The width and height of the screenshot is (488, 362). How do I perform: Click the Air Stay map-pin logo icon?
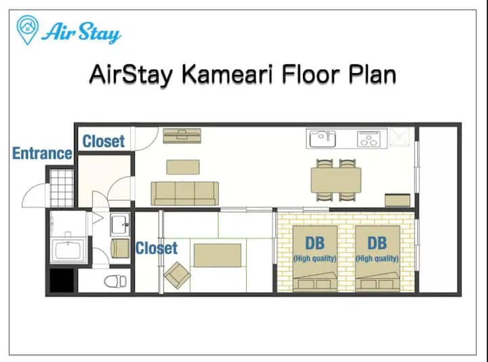(x=27, y=30)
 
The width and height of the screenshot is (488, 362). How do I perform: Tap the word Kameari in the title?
(x=226, y=74)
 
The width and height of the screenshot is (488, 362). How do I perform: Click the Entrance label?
(x=42, y=153)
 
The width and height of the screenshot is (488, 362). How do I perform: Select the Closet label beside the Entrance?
(x=104, y=141)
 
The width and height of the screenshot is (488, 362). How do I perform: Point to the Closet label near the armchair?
(x=157, y=248)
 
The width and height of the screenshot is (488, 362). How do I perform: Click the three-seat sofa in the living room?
(x=185, y=194)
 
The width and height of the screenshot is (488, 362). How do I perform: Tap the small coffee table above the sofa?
(x=183, y=167)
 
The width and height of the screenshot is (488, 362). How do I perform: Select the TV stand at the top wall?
(x=182, y=136)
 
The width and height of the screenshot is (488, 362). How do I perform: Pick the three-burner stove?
(x=369, y=139)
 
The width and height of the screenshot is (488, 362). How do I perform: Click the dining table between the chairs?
(x=336, y=180)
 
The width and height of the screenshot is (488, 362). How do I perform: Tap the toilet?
(x=115, y=281)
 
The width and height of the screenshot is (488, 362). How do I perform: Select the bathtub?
(x=68, y=250)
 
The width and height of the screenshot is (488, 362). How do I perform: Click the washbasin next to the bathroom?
(x=120, y=225)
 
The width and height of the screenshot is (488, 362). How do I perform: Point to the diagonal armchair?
(x=177, y=275)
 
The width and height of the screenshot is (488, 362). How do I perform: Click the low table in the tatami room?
(x=218, y=255)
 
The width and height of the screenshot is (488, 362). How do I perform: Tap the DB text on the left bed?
(x=315, y=244)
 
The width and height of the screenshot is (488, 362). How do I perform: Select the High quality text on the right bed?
(x=378, y=258)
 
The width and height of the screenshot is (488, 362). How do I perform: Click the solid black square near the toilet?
(x=62, y=280)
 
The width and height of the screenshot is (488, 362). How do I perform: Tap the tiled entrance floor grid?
(x=62, y=188)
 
